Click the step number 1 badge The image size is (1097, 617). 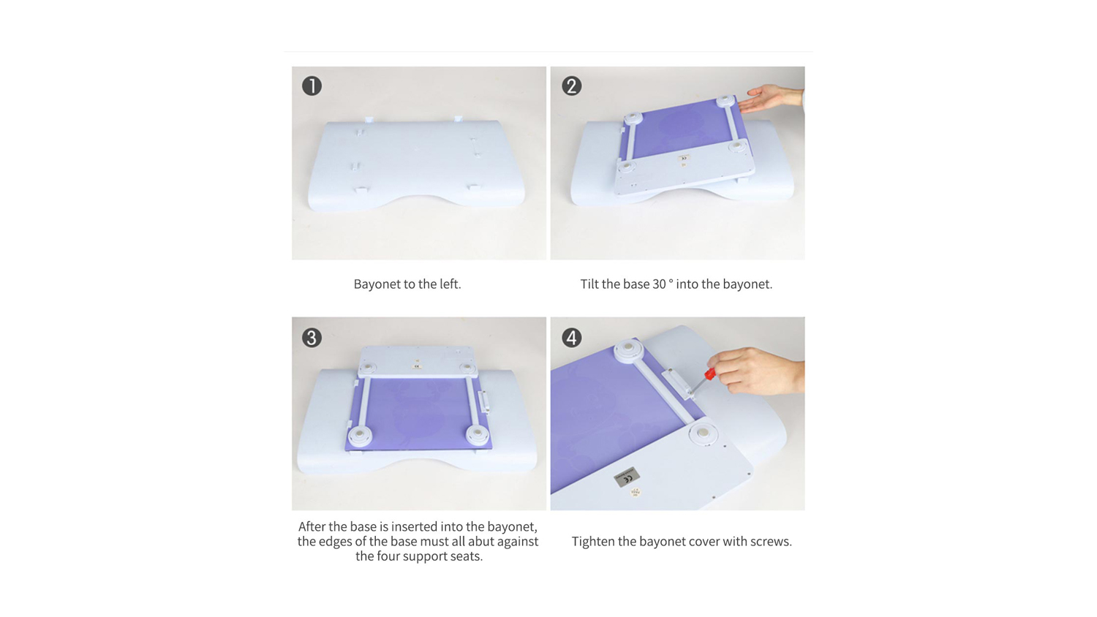point(312,86)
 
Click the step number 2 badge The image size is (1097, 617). point(571,86)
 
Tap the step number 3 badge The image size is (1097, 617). point(312,338)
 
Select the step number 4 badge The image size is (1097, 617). point(571,338)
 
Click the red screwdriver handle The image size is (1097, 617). point(709,374)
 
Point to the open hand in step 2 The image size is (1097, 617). point(770,98)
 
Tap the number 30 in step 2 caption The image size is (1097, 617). point(659,284)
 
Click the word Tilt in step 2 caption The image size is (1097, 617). point(589,284)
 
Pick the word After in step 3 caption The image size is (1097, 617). point(312,526)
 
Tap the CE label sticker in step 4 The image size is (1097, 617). point(627,477)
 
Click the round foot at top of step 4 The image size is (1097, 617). point(628,349)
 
